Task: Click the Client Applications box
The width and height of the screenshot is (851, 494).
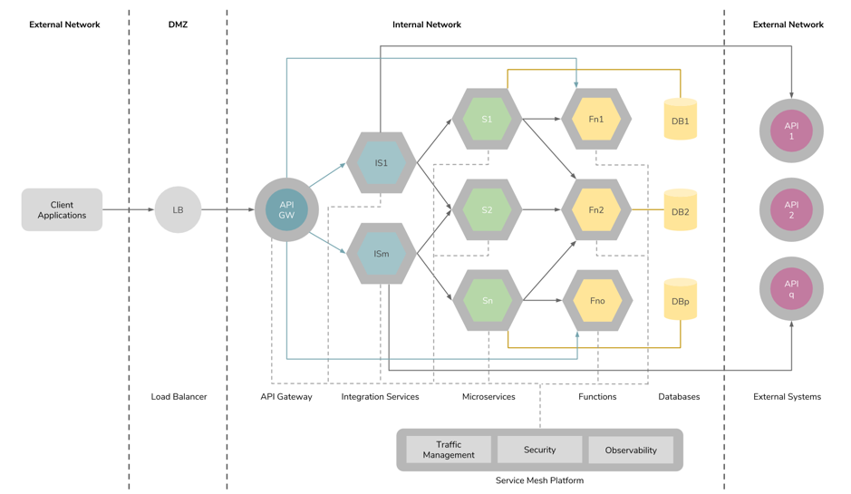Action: (x=62, y=210)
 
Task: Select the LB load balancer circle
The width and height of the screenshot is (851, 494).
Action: (x=178, y=210)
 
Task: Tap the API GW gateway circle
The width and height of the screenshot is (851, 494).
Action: (x=286, y=210)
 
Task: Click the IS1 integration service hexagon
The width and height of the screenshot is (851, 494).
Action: (x=382, y=163)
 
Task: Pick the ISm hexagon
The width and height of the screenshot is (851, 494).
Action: (x=382, y=254)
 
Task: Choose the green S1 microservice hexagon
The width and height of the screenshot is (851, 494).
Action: (x=488, y=119)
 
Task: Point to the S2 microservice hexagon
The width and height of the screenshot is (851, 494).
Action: (x=488, y=210)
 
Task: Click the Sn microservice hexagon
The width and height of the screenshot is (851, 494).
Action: (x=488, y=301)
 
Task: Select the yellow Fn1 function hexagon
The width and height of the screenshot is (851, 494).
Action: (x=596, y=119)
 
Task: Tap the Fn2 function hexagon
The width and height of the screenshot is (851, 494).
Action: (x=596, y=210)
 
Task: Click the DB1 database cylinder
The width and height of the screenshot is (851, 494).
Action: (x=681, y=120)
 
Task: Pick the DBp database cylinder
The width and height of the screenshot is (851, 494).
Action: (x=681, y=300)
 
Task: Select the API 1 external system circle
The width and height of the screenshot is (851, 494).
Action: (x=791, y=131)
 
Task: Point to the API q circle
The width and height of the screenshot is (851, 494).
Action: (x=791, y=289)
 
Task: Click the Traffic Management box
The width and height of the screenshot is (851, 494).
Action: (x=449, y=450)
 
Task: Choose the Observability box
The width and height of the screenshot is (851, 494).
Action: (x=631, y=450)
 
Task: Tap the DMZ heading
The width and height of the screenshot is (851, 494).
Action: (x=178, y=24)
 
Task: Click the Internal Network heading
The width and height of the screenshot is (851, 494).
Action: (x=427, y=24)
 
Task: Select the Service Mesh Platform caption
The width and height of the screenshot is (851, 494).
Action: (x=539, y=480)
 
